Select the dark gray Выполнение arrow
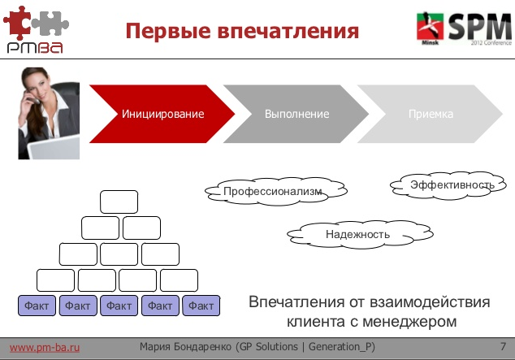(x=296, y=114)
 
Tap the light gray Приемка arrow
(x=431, y=114)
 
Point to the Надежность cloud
(x=357, y=235)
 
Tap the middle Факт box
(x=119, y=306)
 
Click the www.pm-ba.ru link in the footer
(x=45, y=348)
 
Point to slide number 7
(x=504, y=347)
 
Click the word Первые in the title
(x=167, y=32)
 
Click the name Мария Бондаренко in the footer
(x=186, y=348)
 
